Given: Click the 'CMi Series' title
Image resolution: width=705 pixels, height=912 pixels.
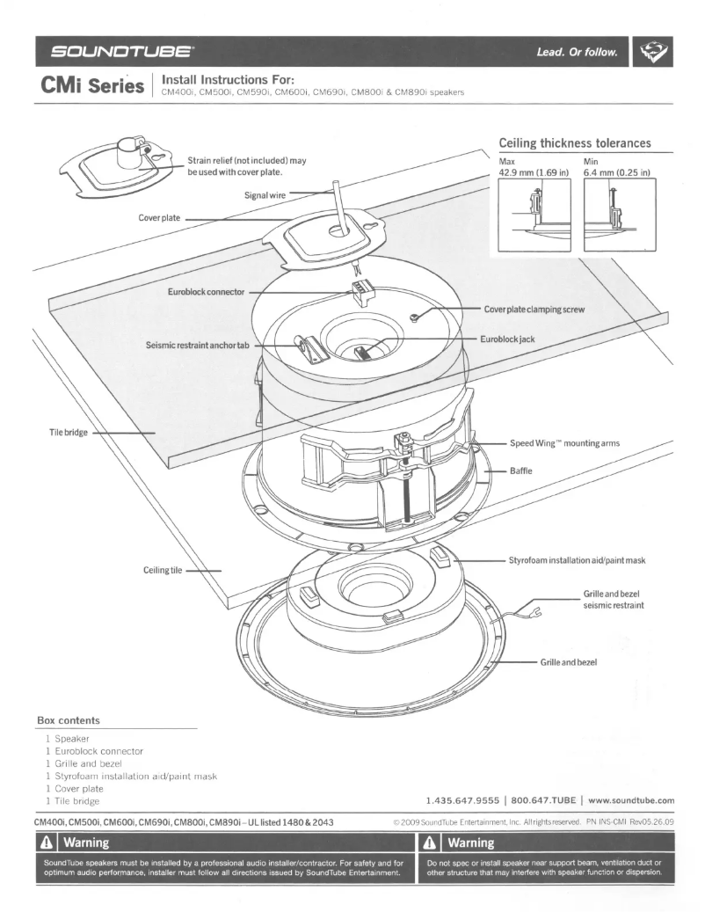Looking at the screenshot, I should (x=89, y=90).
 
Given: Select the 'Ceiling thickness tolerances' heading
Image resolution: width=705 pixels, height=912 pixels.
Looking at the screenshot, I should (x=574, y=142).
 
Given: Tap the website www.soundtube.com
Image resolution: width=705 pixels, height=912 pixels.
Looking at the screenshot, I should (x=629, y=800).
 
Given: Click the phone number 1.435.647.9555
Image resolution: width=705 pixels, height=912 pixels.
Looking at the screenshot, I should (x=464, y=800).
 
